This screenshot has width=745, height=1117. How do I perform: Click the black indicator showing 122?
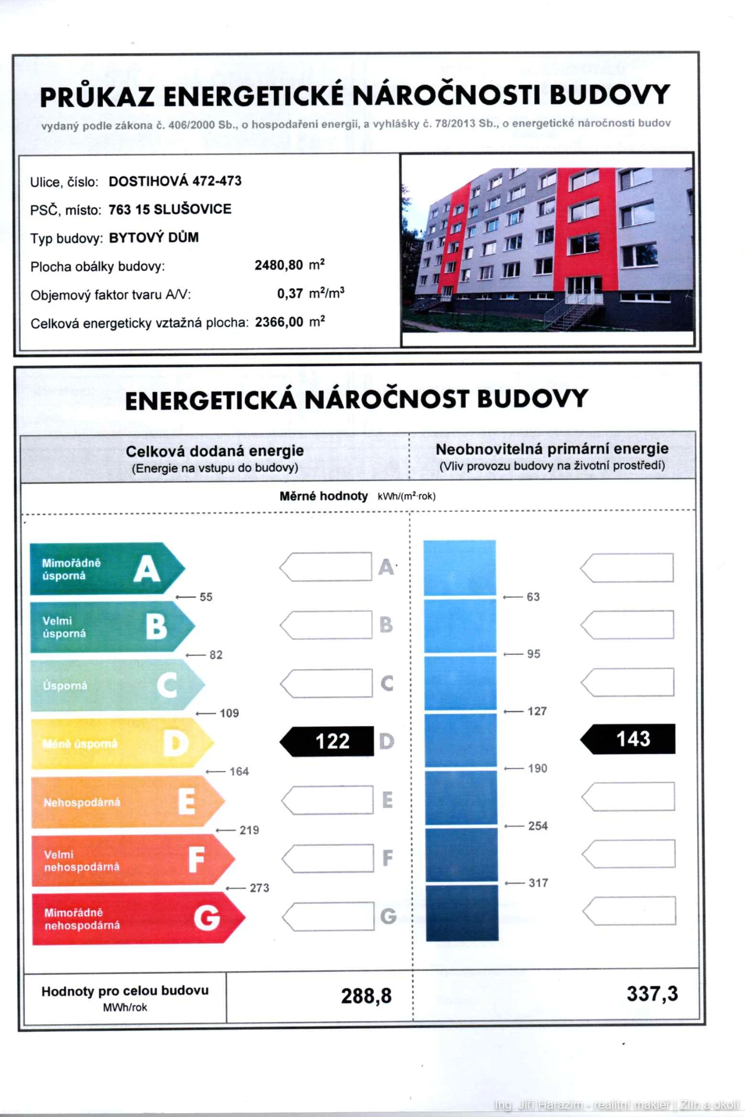point(328,741)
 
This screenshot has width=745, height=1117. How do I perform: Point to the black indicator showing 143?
point(629,739)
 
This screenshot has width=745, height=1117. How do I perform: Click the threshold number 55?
point(206,597)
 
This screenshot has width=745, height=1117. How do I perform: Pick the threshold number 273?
point(259,888)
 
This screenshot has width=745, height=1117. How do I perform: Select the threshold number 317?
point(538,883)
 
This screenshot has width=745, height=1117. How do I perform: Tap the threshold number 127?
point(537,711)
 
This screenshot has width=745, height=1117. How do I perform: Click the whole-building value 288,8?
point(366,996)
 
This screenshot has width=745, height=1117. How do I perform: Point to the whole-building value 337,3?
point(652,994)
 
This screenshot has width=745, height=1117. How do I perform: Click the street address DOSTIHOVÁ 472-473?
point(175,181)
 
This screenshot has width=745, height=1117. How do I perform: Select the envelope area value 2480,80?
point(279,265)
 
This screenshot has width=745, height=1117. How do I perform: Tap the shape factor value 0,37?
point(290,293)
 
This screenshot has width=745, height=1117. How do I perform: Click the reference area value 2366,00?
point(279,322)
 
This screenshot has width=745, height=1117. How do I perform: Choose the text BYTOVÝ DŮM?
point(153,238)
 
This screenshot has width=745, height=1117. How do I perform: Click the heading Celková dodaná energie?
point(215,451)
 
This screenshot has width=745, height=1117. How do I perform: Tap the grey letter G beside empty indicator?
point(388,916)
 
